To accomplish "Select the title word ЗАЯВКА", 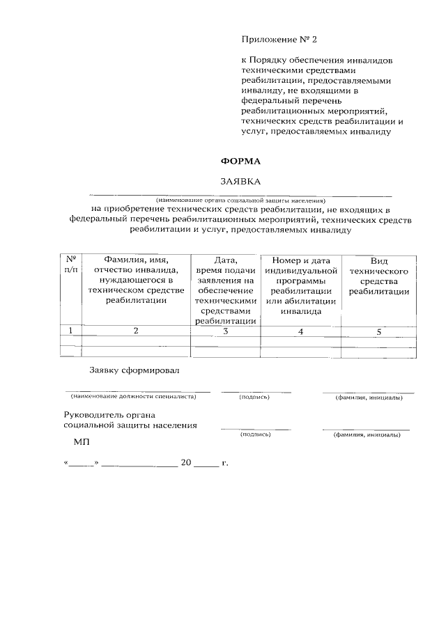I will (240, 181).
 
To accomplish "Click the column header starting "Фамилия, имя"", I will (136, 281).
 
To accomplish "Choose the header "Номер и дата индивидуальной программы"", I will (301, 285).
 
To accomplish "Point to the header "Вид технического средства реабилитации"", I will (379, 276).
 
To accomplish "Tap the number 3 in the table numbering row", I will (225, 331).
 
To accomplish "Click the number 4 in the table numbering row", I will (300, 332).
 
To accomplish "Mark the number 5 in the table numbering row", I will (379, 332).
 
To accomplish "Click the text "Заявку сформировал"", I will (134, 370).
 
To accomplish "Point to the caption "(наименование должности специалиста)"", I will (133, 397).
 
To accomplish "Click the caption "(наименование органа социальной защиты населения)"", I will (240, 200).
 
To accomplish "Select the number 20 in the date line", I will (186, 463).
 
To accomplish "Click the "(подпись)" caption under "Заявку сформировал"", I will (254, 397).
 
